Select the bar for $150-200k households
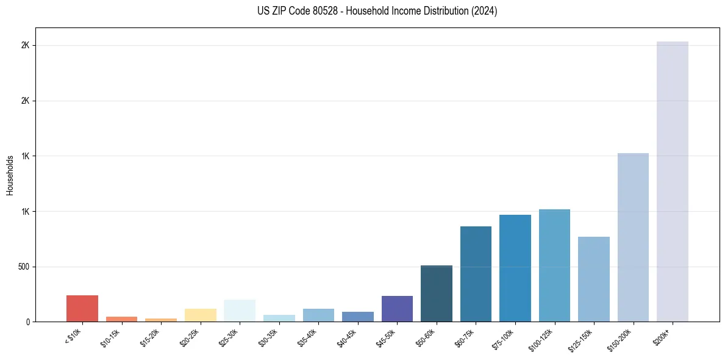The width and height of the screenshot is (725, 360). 633,237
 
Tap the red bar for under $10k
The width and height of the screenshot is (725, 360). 82,309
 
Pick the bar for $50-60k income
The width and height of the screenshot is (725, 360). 437,293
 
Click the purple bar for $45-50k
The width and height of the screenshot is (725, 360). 397,309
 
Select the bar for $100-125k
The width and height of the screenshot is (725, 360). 554,265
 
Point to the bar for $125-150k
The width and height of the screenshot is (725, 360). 594,279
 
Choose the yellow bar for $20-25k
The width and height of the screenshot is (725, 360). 201,315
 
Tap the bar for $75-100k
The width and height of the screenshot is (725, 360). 515,268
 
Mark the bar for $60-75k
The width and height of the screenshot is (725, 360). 476,274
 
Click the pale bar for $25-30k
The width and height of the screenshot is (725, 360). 240,311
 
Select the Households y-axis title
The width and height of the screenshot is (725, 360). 10,175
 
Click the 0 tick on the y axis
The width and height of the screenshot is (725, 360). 27,322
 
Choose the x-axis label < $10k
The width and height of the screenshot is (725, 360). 73,336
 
